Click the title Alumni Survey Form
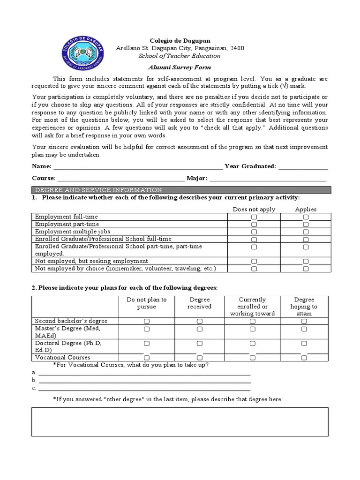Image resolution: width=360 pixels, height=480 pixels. point(180,67)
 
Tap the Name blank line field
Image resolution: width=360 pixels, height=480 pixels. point(138,167)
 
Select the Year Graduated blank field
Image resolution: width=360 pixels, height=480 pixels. point(303,167)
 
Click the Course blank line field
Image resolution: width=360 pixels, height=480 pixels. point(120,179)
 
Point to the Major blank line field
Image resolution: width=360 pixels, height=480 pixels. point(268,179)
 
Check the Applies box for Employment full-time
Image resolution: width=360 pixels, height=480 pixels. point(306,217)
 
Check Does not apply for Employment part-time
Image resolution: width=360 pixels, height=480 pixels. point(254,225)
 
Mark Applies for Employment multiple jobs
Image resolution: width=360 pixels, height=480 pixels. point(306,232)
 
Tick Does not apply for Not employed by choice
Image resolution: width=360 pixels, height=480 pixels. point(254,269)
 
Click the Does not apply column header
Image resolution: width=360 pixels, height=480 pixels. point(254,209)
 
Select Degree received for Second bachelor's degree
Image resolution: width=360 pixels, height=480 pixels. point(200,321)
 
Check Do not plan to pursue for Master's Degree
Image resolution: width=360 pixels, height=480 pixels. point(147,330)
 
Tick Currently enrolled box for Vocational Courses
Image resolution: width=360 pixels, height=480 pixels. point(253,358)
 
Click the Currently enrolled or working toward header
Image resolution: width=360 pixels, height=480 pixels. point(253,307)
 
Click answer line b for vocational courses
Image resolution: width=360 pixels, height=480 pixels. point(144,381)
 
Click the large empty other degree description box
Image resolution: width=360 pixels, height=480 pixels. point(180,421)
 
